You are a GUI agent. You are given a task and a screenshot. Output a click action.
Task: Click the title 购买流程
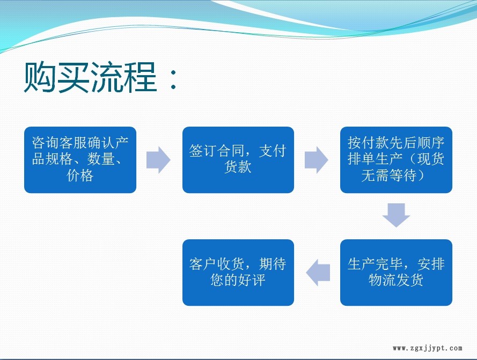click(x=90, y=77)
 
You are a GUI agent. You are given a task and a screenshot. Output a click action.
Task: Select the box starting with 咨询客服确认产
click(x=80, y=160)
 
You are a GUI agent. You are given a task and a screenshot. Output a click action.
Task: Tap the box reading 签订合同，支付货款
click(x=238, y=160)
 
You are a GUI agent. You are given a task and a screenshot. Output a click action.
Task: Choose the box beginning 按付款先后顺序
click(x=396, y=160)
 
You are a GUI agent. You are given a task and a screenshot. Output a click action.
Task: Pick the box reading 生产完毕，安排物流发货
click(x=396, y=273)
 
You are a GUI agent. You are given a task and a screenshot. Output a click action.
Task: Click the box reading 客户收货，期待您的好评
click(x=238, y=273)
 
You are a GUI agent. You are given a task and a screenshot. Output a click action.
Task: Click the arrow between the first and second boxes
click(x=158, y=160)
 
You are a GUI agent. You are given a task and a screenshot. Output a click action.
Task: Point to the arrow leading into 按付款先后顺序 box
click(x=317, y=160)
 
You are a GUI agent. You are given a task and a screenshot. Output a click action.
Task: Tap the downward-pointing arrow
click(x=396, y=215)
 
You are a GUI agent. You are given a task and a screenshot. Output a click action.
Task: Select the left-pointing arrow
click(x=318, y=273)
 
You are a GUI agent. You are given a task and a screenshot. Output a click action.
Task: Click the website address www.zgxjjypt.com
click(x=428, y=348)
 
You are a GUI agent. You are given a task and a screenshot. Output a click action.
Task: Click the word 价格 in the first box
click(x=80, y=175)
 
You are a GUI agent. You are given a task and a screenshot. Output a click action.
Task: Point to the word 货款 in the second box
click(x=238, y=167)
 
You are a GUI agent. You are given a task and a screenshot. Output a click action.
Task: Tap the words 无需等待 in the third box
click(x=389, y=175)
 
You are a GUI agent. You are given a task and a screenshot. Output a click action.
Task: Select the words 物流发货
click(x=396, y=280)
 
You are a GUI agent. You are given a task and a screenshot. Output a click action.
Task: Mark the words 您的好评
click(x=238, y=280)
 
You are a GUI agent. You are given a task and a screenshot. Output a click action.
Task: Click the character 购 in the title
click(x=40, y=77)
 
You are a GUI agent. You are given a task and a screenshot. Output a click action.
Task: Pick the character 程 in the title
click(x=141, y=77)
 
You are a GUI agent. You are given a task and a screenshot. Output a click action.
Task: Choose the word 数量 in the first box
click(x=101, y=159)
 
